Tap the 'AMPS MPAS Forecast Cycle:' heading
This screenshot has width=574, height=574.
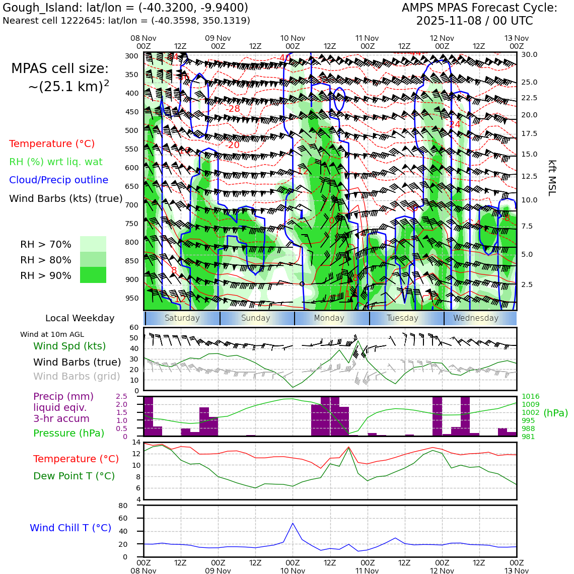pos(479,8)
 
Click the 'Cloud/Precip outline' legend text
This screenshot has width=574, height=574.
pos(58,180)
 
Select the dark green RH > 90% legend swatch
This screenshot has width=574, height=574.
pos(93,275)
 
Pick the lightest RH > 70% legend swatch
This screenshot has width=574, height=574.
pos(93,244)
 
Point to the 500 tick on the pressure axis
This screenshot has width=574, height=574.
pos(132,130)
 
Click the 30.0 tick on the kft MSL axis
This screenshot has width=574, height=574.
pos(529,54)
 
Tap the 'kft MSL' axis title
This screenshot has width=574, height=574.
pos(552,178)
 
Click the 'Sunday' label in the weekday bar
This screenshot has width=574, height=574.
pos(256,318)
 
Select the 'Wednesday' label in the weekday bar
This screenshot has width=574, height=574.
pos(476,318)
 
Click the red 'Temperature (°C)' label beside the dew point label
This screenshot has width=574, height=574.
pos(76,459)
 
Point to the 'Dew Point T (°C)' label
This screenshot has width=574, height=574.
pos(74,476)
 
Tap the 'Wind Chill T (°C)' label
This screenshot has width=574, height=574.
pos(70,528)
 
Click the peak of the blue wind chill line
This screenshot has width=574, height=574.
pos(293,523)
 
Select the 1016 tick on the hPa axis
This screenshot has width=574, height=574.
pos(530,397)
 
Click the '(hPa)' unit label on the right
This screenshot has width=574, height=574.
pos(555,413)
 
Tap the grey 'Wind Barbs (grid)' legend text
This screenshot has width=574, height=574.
pos(77,377)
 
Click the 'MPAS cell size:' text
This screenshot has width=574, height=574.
pos(60,69)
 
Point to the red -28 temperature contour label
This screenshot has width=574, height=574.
pos(233,109)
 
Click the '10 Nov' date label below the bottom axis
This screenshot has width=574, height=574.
pos(293,571)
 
